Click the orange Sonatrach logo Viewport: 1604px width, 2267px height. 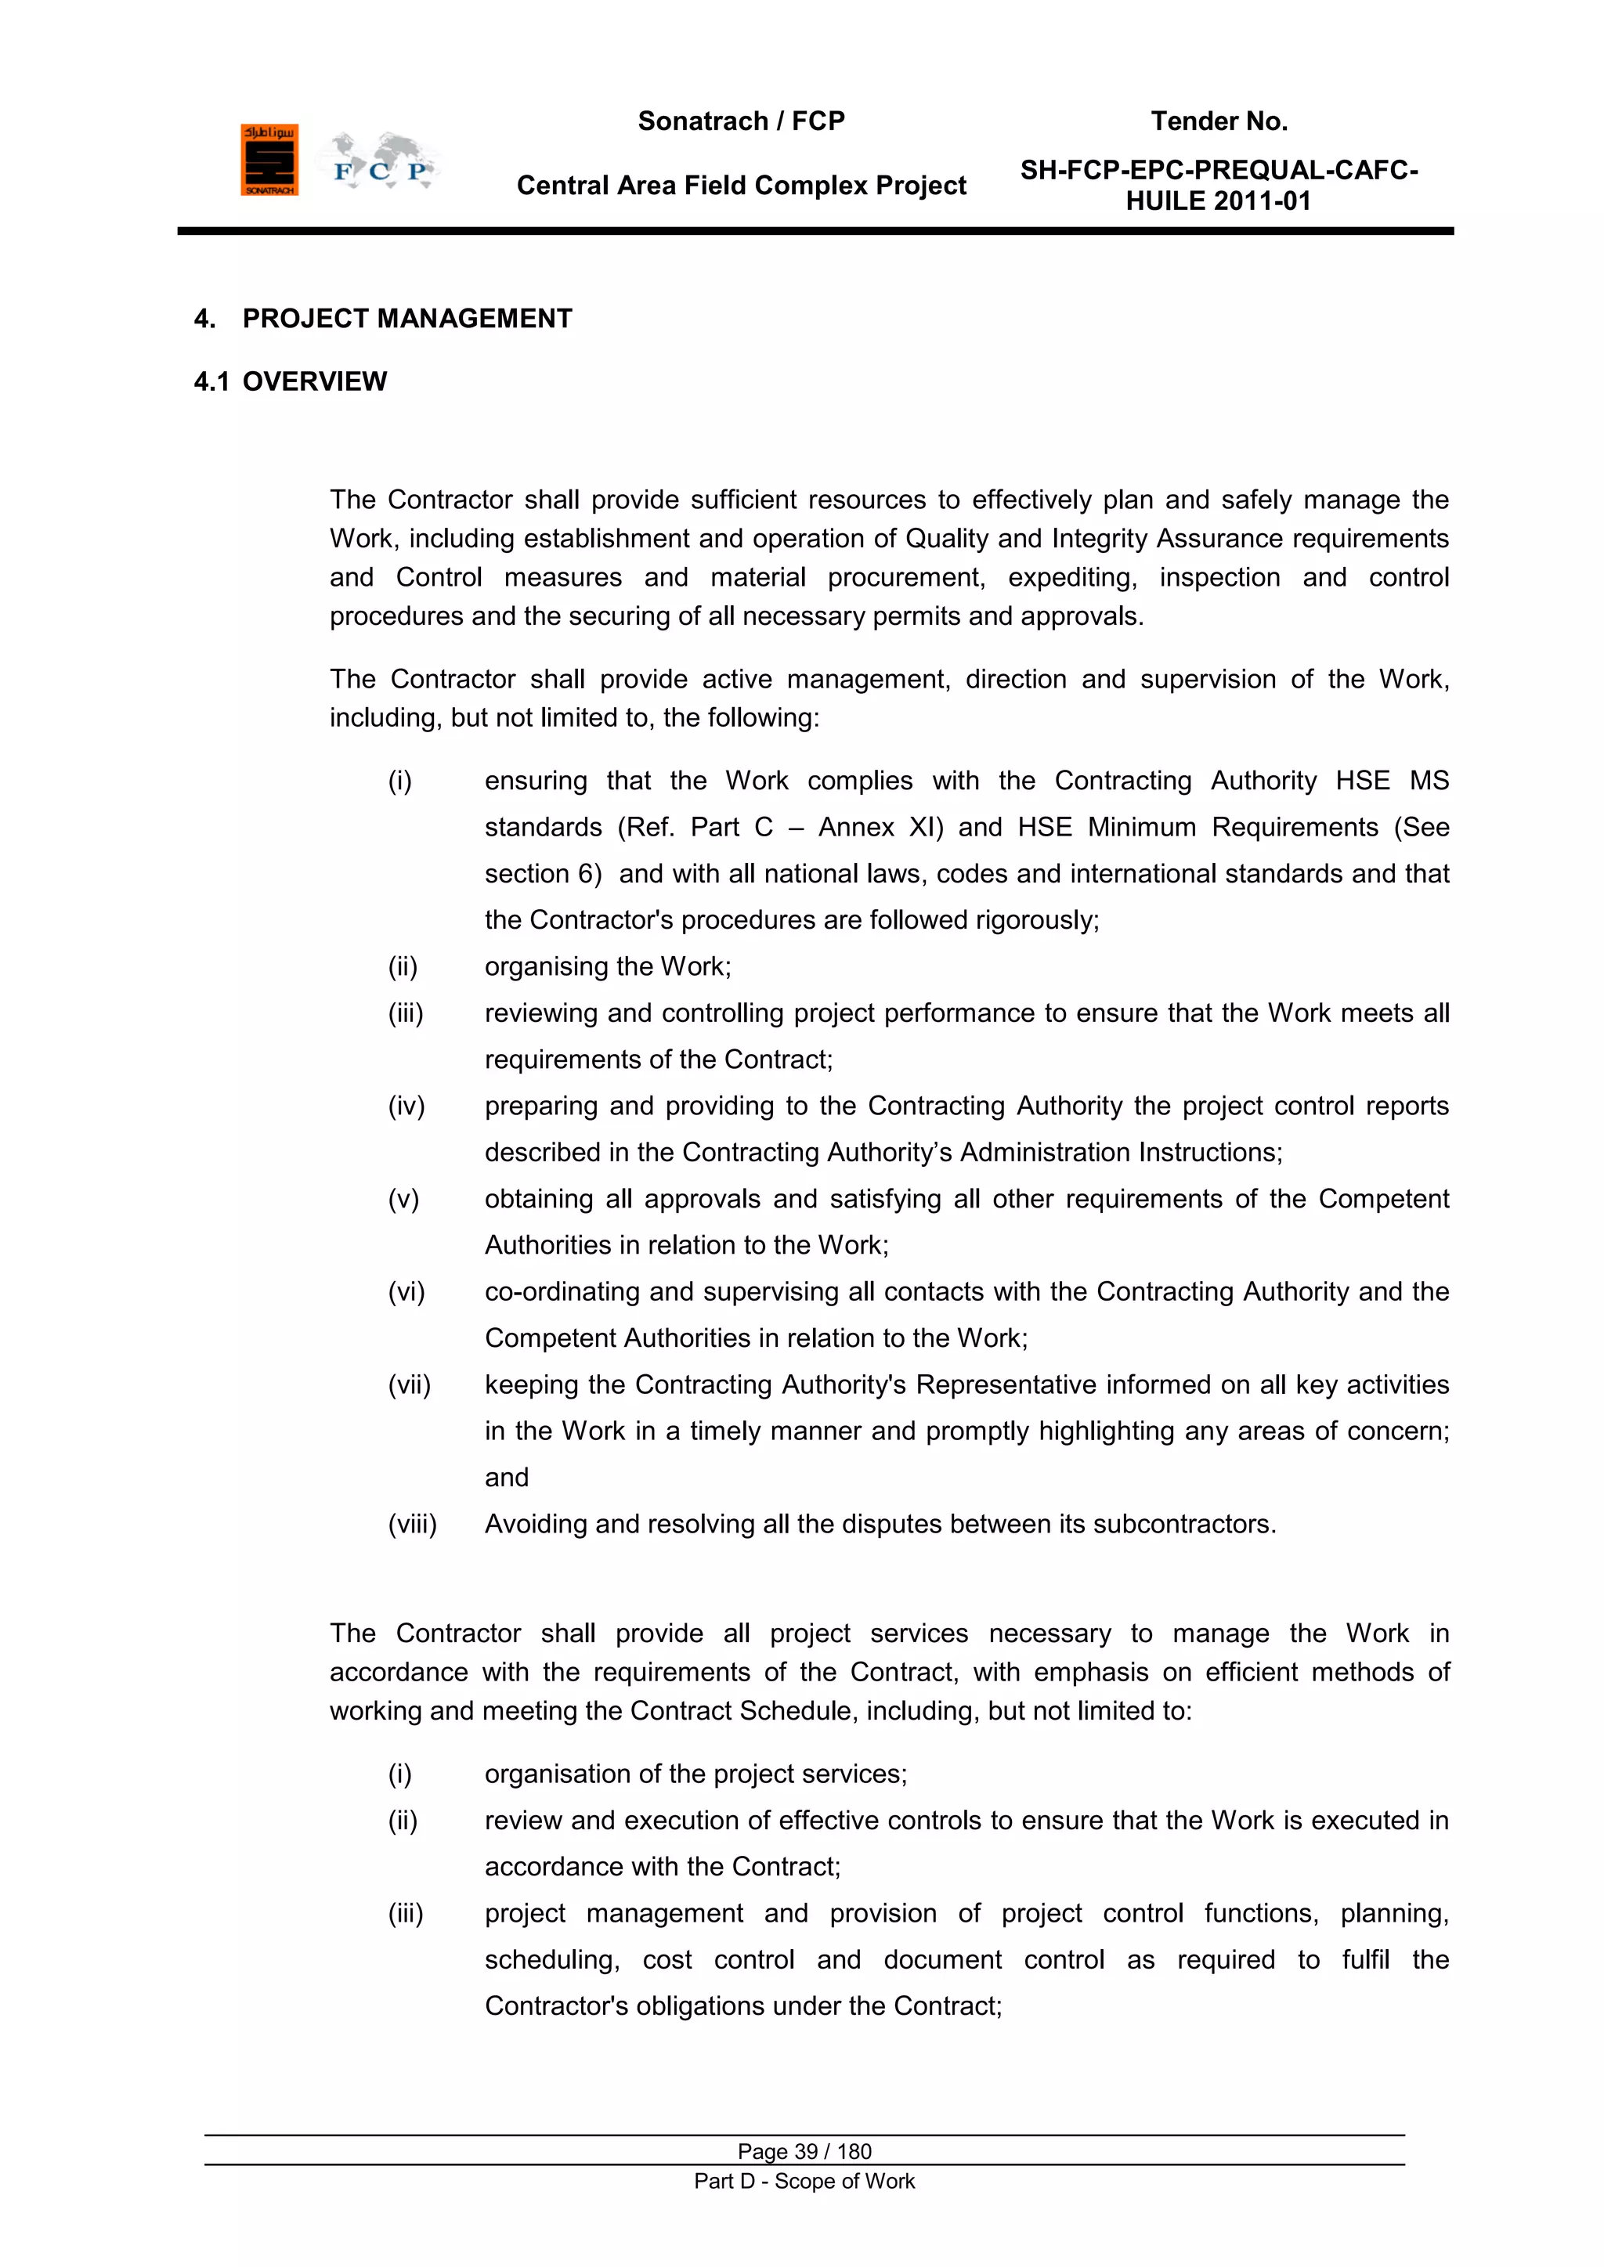(x=269, y=160)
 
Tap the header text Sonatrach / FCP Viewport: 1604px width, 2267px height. (x=741, y=121)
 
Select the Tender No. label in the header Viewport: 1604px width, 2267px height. (x=1219, y=121)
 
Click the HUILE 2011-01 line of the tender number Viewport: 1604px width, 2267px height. (x=1218, y=201)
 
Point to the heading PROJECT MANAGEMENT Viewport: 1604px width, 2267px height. (x=407, y=319)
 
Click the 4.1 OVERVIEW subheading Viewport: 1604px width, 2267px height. (x=291, y=382)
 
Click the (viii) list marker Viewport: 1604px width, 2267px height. (x=412, y=1525)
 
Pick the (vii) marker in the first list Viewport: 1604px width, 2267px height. (x=409, y=1385)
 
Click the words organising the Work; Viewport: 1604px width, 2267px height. (x=608, y=966)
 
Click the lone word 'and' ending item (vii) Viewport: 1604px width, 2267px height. (x=507, y=1478)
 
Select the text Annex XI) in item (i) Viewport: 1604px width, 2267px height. (x=881, y=828)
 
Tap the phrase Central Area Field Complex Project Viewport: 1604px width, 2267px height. (x=741, y=186)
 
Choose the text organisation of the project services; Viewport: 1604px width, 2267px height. (x=695, y=1774)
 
